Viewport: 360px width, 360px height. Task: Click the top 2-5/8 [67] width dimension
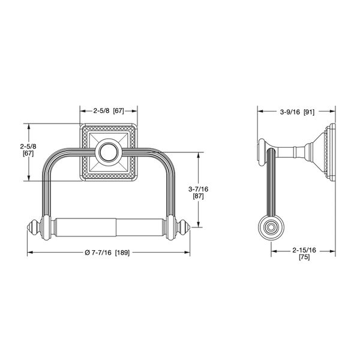click(x=109, y=111)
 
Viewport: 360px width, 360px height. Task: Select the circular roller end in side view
click(x=270, y=228)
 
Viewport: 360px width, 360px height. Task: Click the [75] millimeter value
click(x=304, y=257)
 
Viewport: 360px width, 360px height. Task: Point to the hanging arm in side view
click(x=271, y=186)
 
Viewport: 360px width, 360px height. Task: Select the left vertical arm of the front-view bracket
click(x=47, y=186)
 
